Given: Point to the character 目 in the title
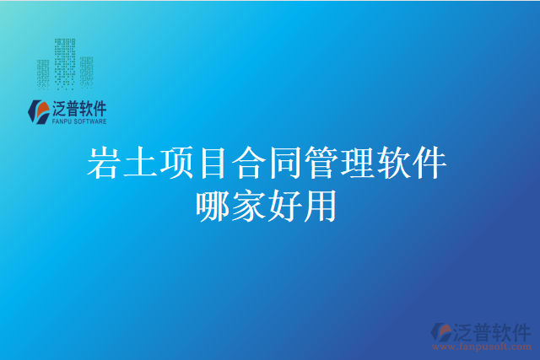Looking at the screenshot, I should (x=216, y=164).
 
